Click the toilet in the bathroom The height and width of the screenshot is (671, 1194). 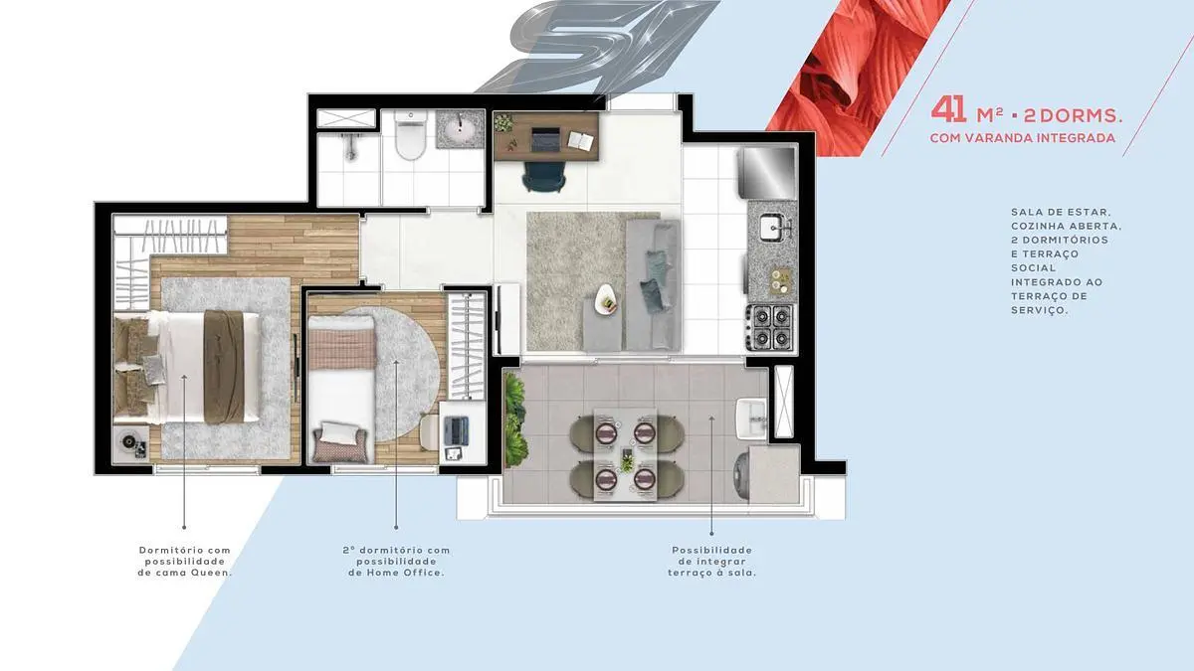click(x=410, y=135)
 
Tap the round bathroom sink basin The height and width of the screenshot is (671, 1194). click(x=460, y=128)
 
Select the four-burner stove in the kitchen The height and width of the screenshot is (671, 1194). click(x=769, y=327)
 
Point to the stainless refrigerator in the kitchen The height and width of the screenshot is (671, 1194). click(x=767, y=174)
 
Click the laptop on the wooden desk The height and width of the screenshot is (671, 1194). click(x=546, y=139)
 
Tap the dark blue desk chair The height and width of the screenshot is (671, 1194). click(x=543, y=176)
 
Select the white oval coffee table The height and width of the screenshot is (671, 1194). click(x=608, y=300)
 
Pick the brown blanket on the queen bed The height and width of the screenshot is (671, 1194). click(x=224, y=367)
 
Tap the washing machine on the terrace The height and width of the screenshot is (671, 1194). click(x=742, y=476)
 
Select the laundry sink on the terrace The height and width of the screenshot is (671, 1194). click(x=751, y=419)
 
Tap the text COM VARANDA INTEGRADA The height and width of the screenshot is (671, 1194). click(x=1023, y=138)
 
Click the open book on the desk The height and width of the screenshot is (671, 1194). click(x=580, y=140)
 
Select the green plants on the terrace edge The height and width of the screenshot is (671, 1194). click(x=515, y=419)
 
